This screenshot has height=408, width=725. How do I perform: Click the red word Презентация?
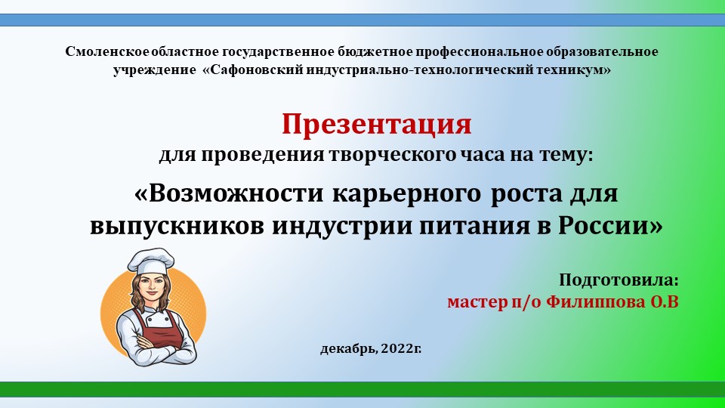click(377, 125)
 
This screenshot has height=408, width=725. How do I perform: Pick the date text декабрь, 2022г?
click(371, 348)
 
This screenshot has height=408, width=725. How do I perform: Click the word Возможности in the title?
click(230, 193)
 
